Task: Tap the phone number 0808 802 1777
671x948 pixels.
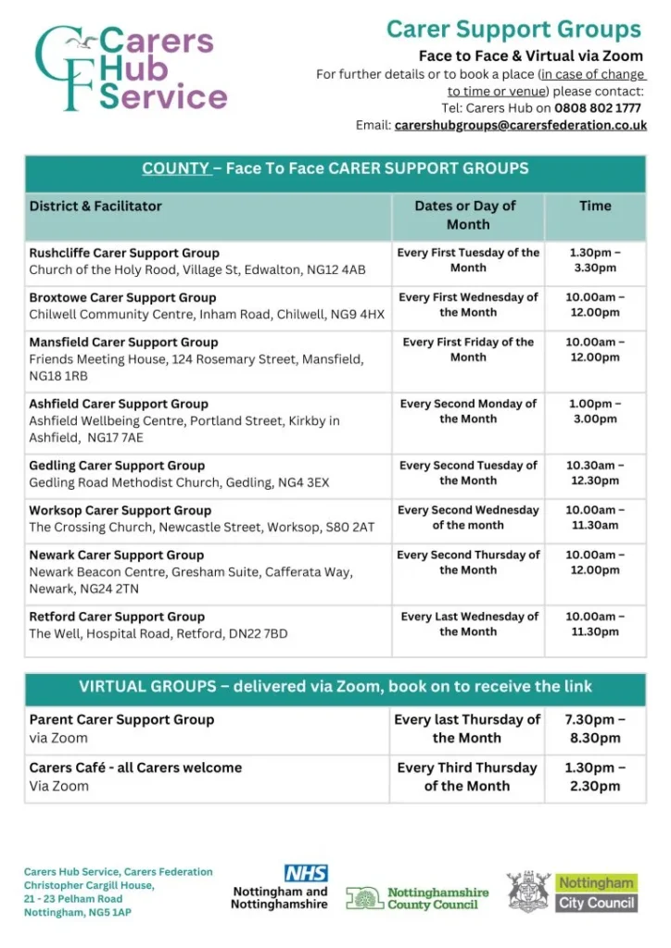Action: [x=598, y=108]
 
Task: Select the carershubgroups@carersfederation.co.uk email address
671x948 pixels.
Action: [x=520, y=125]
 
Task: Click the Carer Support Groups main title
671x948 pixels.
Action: [x=513, y=30]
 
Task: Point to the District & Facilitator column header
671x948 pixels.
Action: [x=95, y=206]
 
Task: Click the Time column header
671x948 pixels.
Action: [x=595, y=206]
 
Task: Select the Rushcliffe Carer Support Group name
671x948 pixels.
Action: [x=124, y=253]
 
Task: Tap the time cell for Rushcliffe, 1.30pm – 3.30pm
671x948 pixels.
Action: [x=595, y=260]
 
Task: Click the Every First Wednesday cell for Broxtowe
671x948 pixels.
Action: [x=468, y=305]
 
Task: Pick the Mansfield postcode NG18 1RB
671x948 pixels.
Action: [x=59, y=376]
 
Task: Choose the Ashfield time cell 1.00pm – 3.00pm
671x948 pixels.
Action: [x=595, y=411]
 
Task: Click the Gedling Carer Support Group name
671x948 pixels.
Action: [x=118, y=466]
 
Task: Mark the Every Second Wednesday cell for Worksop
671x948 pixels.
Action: [x=468, y=518]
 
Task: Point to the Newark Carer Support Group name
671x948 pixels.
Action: [x=117, y=555]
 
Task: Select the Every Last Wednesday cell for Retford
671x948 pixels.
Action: [x=469, y=624]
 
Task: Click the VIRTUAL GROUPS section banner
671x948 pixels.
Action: [x=335, y=687]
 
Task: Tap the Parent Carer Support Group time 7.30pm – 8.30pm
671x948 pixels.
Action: [x=595, y=729]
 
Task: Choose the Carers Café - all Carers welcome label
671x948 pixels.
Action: [x=135, y=767]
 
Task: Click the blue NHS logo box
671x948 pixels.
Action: [x=306, y=873]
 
